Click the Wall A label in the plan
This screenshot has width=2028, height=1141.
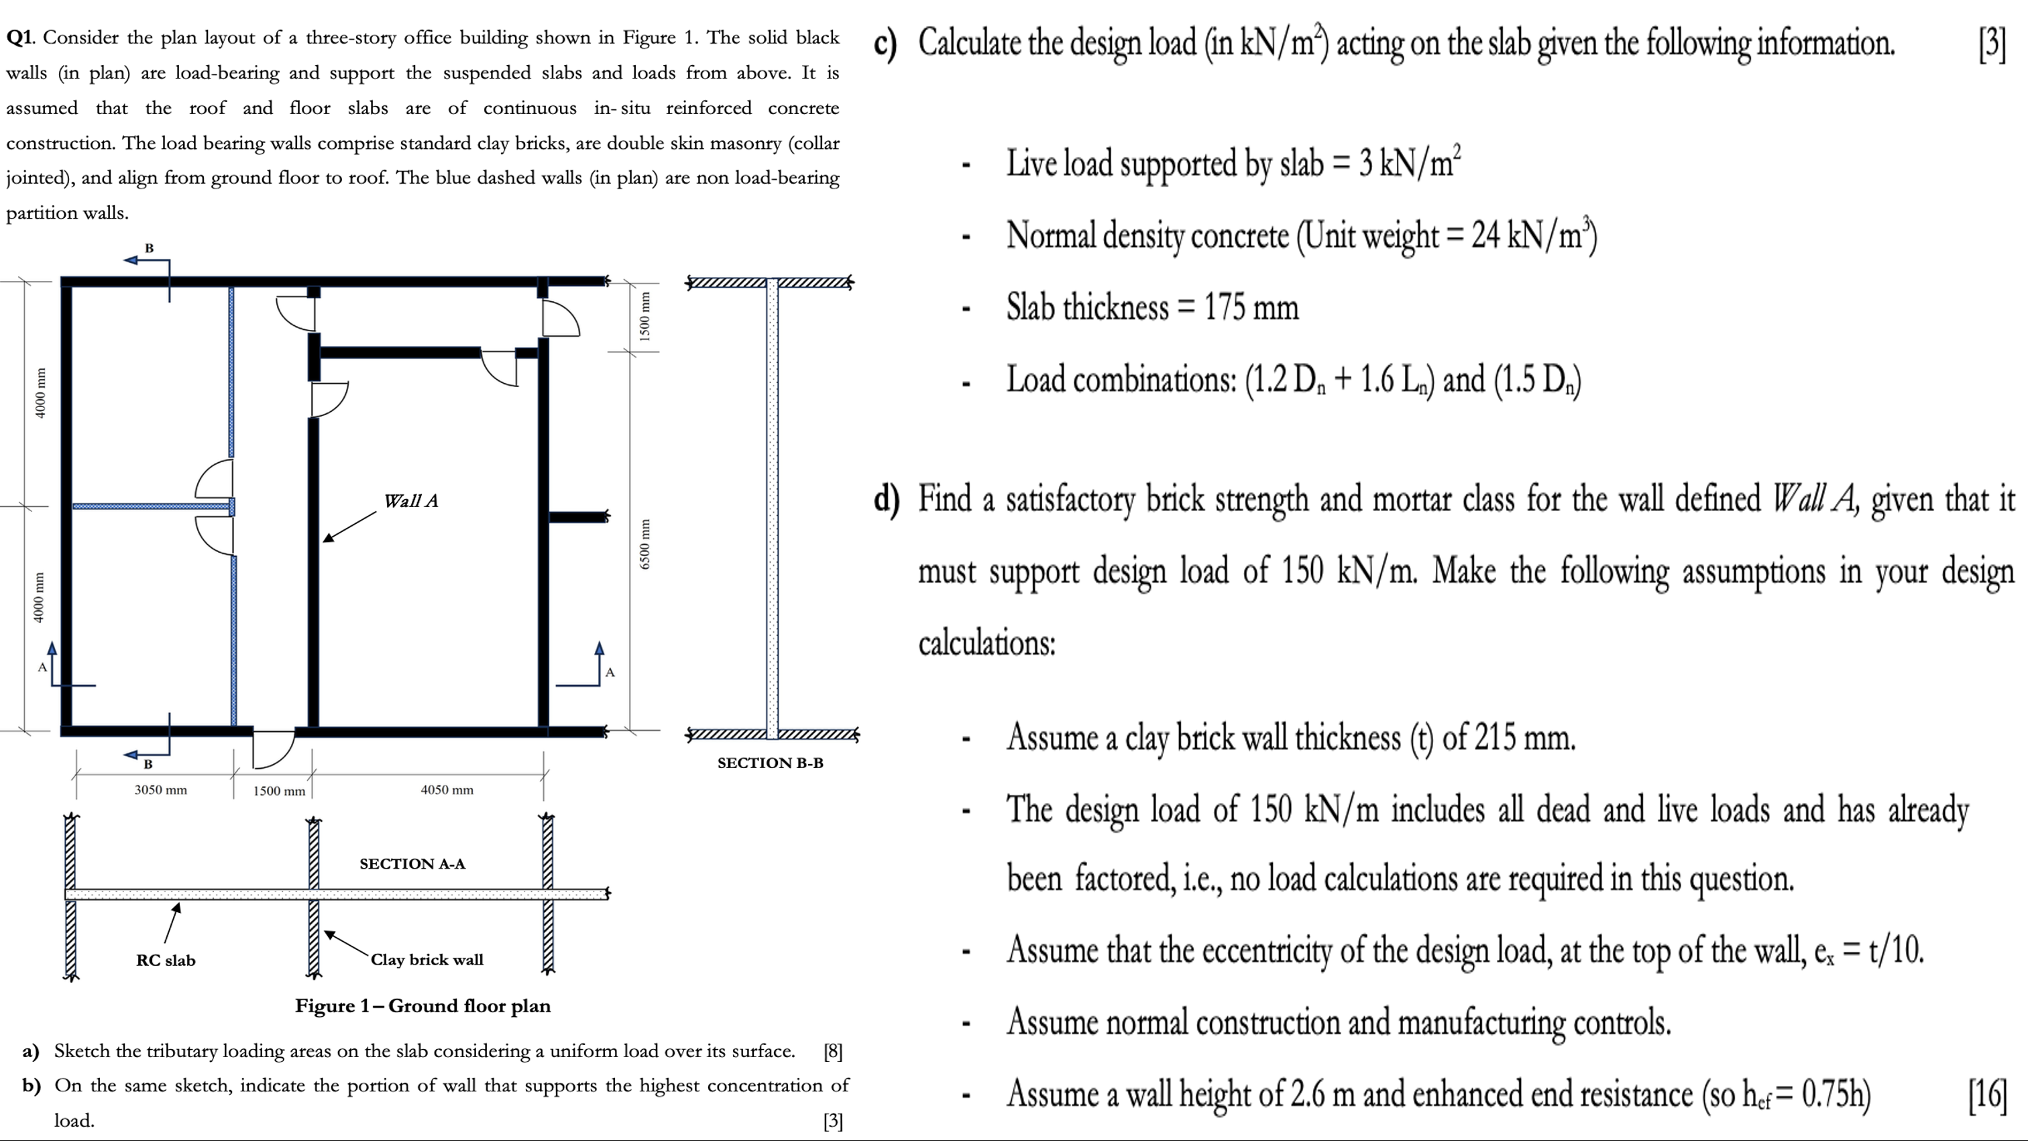tap(410, 501)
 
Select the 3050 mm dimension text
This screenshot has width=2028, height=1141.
tap(160, 790)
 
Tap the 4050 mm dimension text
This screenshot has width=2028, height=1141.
tap(447, 790)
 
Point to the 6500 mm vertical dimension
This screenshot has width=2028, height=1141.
tap(644, 543)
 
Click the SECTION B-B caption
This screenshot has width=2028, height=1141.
tap(770, 763)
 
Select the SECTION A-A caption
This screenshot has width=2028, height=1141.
tap(412, 864)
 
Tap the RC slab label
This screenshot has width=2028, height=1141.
tap(166, 961)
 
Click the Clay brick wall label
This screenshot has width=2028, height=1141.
tap(427, 960)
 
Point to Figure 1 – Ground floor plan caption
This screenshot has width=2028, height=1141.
tap(422, 1006)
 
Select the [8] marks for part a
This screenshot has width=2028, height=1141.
tap(832, 1052)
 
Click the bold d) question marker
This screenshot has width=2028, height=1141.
tap(886, 500)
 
